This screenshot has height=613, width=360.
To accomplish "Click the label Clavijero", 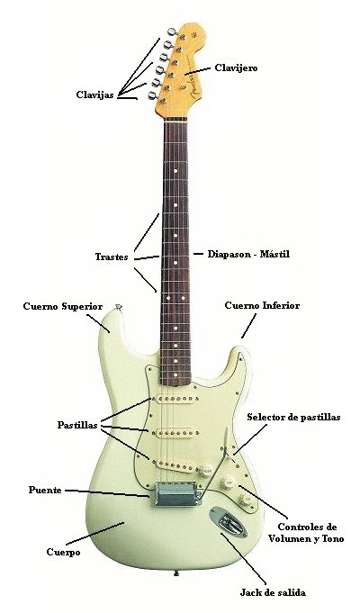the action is click(236, 68).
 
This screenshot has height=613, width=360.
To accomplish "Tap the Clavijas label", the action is click(95, 95).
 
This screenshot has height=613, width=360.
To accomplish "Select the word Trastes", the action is click(112, 257).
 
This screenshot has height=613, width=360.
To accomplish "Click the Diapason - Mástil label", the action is click(248, 254).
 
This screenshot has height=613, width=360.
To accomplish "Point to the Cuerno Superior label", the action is click(63, 306).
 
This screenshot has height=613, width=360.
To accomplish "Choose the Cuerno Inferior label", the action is click(262, 305).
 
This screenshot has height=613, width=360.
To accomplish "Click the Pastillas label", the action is click(77, 425).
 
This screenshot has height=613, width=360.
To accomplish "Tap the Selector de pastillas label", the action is click(293, 417).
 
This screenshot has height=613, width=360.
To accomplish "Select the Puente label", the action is click(45, 490).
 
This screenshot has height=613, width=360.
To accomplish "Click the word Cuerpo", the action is click(63, 552).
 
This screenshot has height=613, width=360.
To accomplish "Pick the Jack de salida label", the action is click(273, 592).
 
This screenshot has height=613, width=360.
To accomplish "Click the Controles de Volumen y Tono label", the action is click(306, 533).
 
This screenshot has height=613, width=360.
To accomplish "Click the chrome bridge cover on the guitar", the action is click(178, 494).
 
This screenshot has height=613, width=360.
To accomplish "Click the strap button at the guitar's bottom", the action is click(176, 573).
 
